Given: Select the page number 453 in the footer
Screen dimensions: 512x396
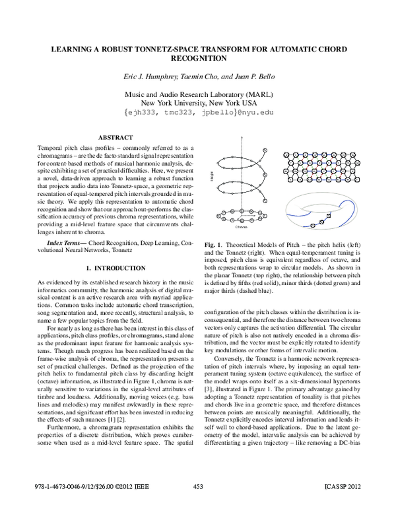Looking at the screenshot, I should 197,505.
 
